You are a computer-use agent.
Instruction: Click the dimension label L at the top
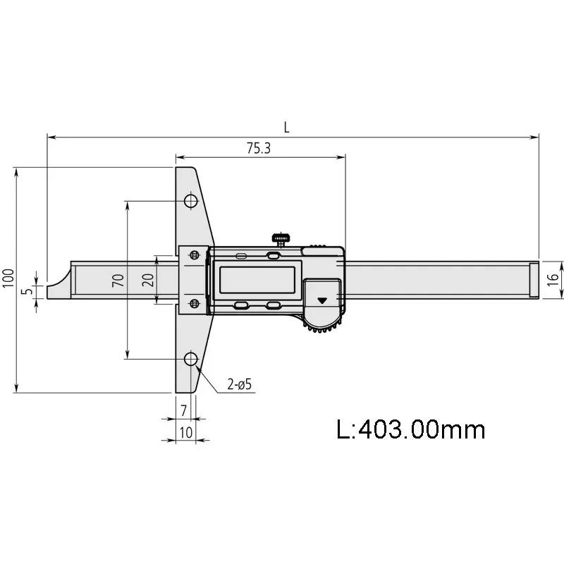tap(286, 128)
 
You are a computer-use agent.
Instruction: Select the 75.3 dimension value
tap(259, 148)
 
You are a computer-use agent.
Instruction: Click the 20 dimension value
tap(147, 280)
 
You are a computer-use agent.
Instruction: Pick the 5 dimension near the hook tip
tap(27, 290)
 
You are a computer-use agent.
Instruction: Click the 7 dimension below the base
tap(184, 410)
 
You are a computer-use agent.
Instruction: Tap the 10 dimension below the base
tap(185, 431)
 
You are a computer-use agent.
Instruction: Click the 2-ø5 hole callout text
tap(240, 384)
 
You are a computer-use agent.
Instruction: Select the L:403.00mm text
tap(411, 428)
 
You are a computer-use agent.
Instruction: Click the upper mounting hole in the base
tap(190, 201)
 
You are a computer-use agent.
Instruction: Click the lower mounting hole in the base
tap(190, 359)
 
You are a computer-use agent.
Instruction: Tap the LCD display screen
tap(258, 280)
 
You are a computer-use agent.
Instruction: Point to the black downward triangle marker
tap(323, 300)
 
